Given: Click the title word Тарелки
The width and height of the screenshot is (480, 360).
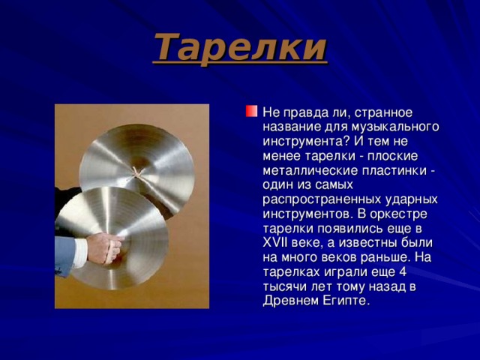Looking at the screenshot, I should (241, 47).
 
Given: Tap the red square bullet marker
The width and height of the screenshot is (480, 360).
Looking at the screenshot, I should (250, 112).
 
